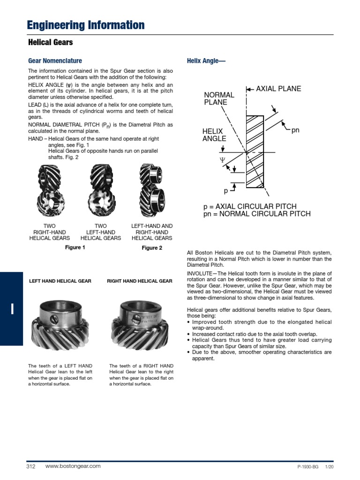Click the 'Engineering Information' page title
point(86,25)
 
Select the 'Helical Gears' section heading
point(51,43)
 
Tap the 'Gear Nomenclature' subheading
point(55,61)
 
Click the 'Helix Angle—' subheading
point(203,61)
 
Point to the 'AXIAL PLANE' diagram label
point(278,89)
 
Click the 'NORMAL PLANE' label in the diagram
point(219,99)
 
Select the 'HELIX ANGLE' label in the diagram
point(214,135)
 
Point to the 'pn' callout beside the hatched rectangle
point(295,130)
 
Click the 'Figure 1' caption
point(75,247)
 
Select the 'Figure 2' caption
point(152,248)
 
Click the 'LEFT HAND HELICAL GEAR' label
point(60,281)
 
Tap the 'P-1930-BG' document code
point(307,468)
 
